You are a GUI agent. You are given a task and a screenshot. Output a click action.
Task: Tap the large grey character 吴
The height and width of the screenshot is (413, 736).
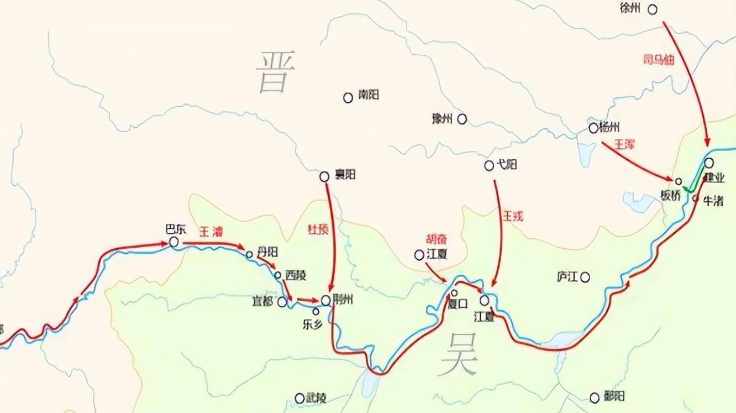(460, 354)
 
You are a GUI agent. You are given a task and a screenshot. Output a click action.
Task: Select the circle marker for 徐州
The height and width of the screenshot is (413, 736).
(653, 9)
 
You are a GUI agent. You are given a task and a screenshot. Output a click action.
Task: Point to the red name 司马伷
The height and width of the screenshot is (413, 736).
(659, 60)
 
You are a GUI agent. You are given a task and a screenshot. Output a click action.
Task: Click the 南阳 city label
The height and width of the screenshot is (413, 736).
(368, 96)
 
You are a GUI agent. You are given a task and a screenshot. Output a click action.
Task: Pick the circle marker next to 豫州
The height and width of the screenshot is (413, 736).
(461, 118)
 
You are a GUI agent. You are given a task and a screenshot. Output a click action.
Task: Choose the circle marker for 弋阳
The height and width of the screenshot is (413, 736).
(488, 165)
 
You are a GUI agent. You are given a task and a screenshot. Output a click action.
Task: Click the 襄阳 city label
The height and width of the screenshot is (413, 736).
(345, 175)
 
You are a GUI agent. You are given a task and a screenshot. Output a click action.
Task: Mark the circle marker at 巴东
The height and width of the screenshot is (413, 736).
(174, 242)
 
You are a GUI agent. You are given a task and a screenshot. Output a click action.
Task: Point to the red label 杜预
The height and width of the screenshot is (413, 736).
(318, 229)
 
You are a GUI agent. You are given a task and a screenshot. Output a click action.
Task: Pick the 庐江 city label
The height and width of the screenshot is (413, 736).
(567, 276)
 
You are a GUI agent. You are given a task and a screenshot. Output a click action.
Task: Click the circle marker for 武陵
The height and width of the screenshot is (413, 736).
(299, 398)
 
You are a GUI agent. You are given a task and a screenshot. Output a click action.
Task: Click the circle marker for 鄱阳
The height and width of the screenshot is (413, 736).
(595, 398)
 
